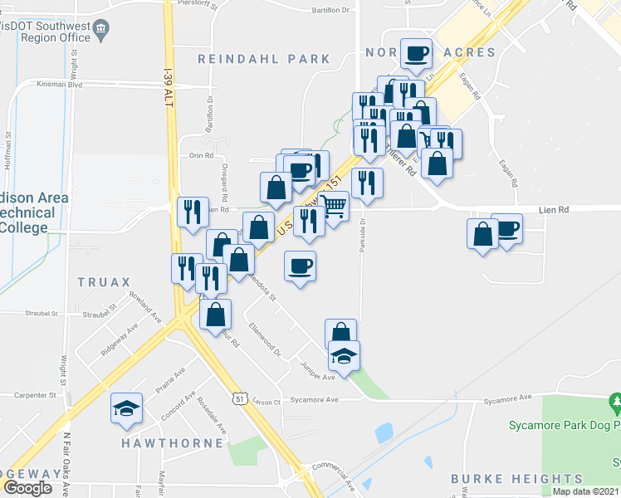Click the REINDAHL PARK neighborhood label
pyautogui.click(x=263, y=60)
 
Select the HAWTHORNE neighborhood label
pyautogui.click(x=173, y=443)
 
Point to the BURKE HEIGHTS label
pyautogui.click(x=516, y=479)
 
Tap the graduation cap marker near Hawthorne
pyautogui.click(x=126, y=408)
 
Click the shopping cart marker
pyautogui.click(x=334, y=204)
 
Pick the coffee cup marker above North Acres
pyautogui.click(x=416, y=53)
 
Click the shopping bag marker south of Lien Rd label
pyautogui.click(x=483, y=233)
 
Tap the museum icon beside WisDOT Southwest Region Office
pyautogui.click(x=102, y=32)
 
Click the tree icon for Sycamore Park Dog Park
pyautogui.click(x=615, y=403)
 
